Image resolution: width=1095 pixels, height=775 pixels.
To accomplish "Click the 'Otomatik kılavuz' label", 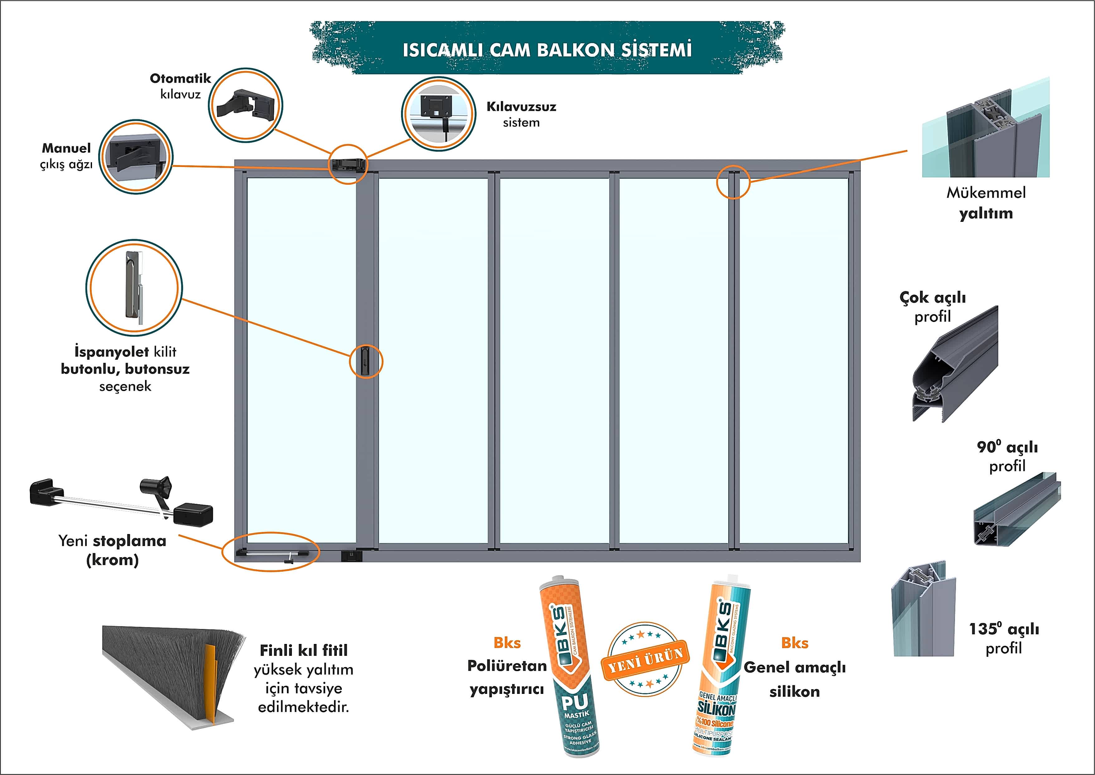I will coord(180,86).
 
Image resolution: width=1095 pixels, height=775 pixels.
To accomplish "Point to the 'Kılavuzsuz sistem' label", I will coord(521,114).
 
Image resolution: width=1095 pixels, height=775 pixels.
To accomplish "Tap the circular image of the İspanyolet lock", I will coord(134,287).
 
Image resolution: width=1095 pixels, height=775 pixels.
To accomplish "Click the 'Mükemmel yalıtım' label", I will coord(986,203).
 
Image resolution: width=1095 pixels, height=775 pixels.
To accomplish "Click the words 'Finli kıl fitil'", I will coord(304,650).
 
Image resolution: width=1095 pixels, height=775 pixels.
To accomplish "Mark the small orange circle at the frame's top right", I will coord(734,182).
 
